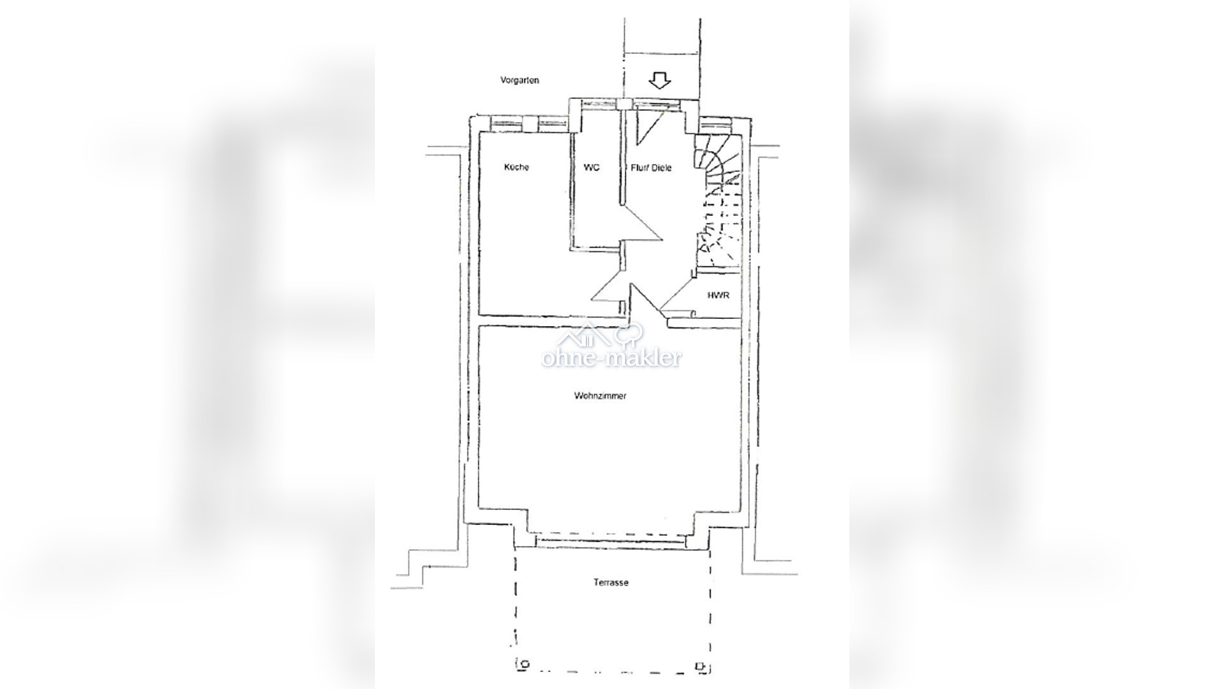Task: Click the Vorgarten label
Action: (520, 80)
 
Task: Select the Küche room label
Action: (516, 167)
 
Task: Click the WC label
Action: (592, 167)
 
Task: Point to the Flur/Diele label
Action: (651, 168)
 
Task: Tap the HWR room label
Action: (719, 295)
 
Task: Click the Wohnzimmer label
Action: (600, 396)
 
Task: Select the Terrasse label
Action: (611, 582)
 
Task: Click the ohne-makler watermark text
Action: (611, 358)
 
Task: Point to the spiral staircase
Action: (717, 202)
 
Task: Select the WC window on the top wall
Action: (599, 104)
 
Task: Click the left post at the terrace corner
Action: (525, 666)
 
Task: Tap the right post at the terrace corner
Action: (700, 666)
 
